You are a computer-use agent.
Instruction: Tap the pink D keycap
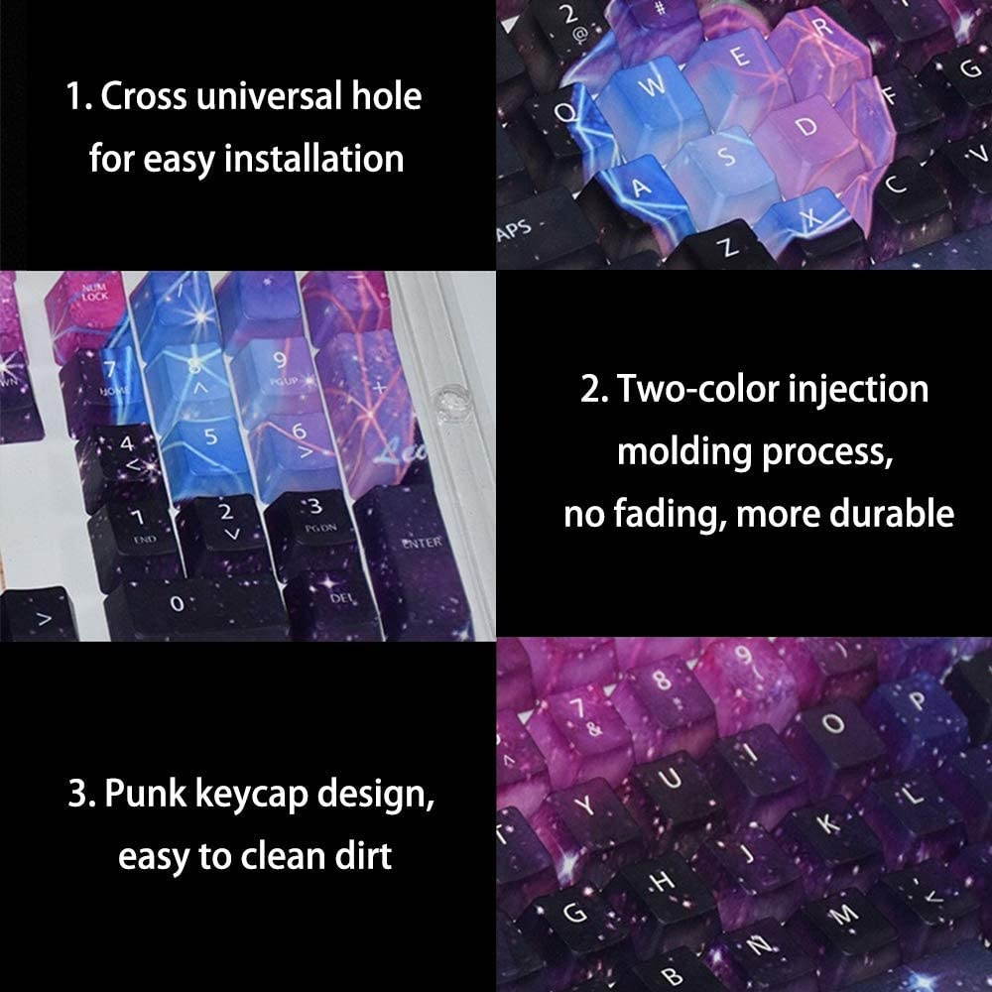pos(806,129)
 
